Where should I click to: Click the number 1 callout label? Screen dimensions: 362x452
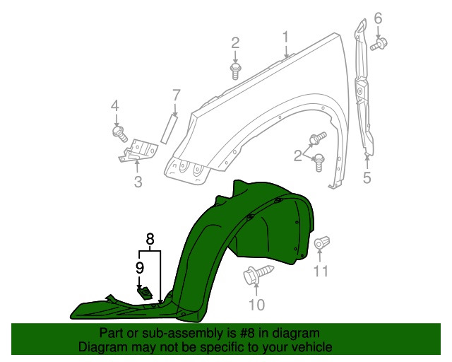286,37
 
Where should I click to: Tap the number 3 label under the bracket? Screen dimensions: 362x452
138,182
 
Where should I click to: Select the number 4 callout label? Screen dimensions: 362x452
115,106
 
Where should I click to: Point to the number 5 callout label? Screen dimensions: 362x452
367,177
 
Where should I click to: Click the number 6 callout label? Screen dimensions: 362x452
378,18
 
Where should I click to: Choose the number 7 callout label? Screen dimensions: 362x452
177,94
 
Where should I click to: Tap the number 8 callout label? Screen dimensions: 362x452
150,240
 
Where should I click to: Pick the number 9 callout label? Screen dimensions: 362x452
140,267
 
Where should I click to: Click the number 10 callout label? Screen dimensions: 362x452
256,305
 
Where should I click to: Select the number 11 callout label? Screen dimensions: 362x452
321,271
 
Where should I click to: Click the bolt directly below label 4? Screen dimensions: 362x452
119,132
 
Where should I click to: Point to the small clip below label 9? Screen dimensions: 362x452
145,292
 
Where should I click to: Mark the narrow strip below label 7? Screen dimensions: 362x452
169,128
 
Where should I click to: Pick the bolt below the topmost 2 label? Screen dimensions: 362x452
235,69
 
